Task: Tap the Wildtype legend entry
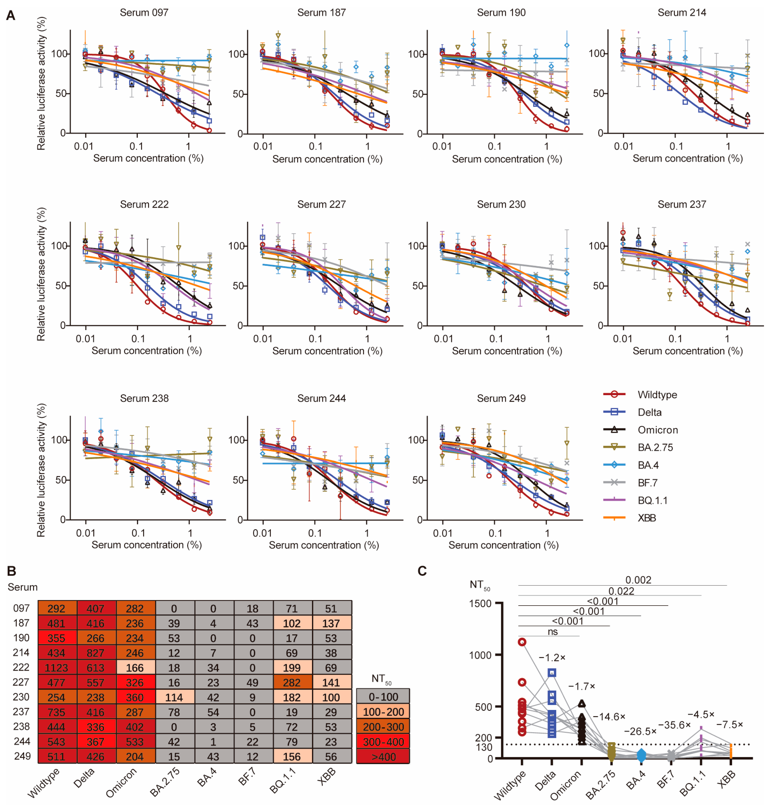pyautogui.click(x=657, y=395)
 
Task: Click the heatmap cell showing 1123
pyautogui.click(x=56, y=668)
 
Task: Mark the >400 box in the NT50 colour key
pyautogui.click(x=383, y=757)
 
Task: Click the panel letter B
pyautogui.click(x=12, y=571)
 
